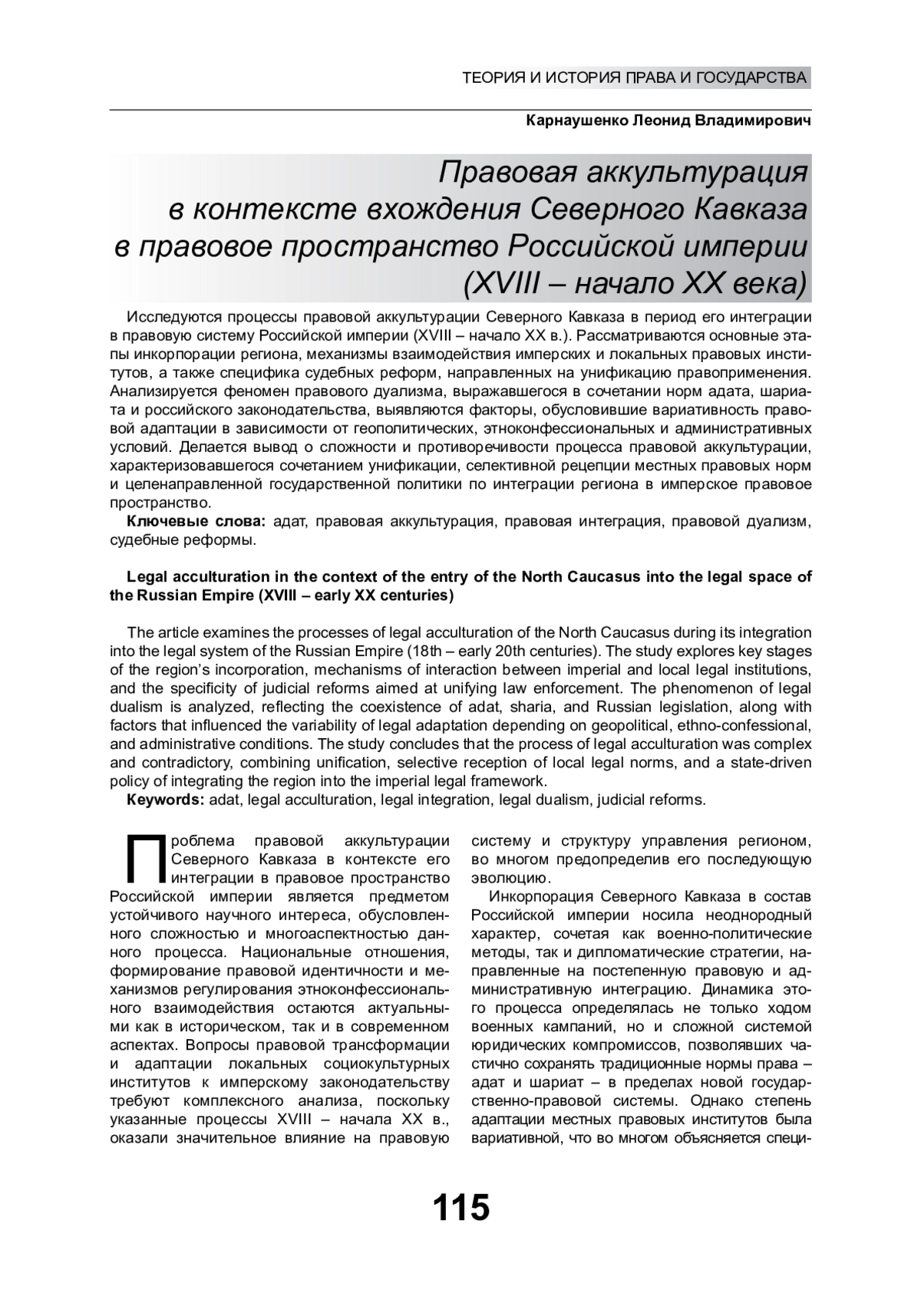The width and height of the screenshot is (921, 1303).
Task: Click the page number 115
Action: point(460,1207)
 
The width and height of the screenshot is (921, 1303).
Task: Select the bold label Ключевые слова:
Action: point(196,523)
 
